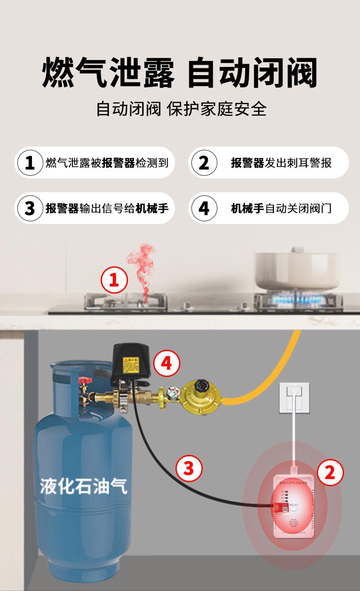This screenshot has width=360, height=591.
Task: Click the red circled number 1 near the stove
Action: point(114,280)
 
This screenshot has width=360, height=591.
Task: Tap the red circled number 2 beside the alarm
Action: point(329,472)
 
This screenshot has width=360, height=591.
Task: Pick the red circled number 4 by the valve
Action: point(167,363)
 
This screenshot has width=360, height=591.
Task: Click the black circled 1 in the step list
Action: point(30,163)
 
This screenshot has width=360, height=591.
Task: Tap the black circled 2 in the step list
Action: point(204,163)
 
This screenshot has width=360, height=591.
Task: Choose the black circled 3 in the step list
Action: point(30,208)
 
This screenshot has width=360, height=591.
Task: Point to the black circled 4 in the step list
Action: point(204,208)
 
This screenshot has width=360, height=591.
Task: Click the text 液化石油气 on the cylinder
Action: point(84,486)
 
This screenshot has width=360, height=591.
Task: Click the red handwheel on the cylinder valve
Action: point(85,381)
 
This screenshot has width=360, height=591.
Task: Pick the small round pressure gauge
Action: point(172,392)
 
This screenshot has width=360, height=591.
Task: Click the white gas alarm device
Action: point(292,503)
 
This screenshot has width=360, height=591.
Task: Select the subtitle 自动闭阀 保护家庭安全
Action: point(181,110)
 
